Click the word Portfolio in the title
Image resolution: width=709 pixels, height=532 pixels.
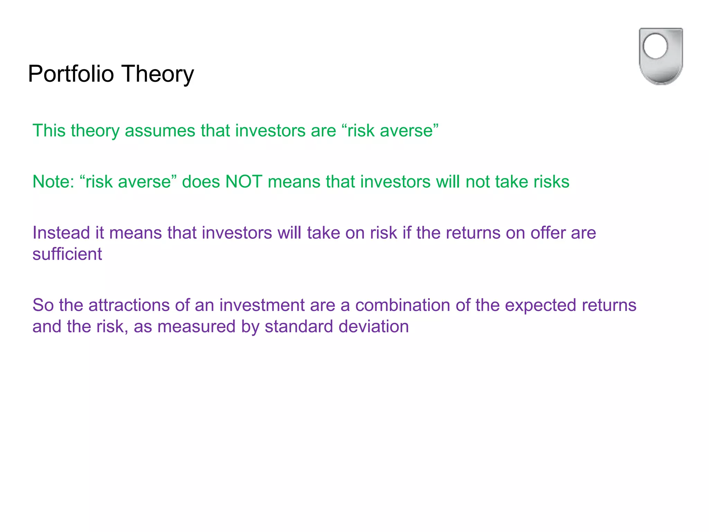point(71,74)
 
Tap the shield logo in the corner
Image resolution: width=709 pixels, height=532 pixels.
point(661,56)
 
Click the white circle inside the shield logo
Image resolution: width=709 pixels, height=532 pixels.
point(655,46)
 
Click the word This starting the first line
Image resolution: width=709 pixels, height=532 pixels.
point(49,131)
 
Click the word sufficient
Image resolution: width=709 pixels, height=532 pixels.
point(67,254)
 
